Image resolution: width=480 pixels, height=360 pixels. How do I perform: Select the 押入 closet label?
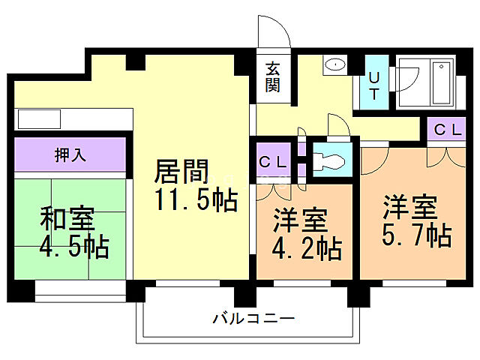click(70, 154)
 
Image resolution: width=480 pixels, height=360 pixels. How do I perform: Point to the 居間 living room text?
click(181, 172)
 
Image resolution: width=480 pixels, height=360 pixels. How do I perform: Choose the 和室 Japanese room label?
click(67, 219)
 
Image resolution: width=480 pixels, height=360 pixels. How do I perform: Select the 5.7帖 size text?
click(418, 235)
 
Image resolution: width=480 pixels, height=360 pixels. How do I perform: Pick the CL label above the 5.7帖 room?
click(448, 130)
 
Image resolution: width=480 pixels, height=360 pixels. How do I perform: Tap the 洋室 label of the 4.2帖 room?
click(300, 220)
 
